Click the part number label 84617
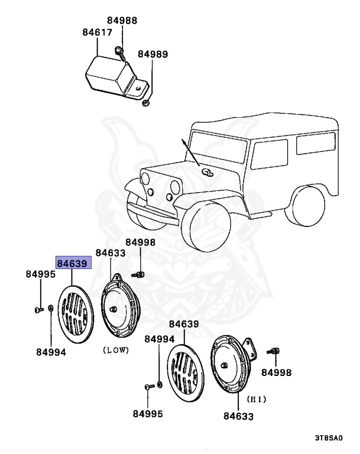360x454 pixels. tap(97, 33)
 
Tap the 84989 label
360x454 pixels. tap(153, 54)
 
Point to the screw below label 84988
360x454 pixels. tap(121, 52)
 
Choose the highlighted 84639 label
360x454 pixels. tap(72, 263)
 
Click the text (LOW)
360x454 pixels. tap(116, 350)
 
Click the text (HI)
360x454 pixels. tap(256, 399)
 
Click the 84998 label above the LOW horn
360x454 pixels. tap(140, 242)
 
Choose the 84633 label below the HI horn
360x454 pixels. tap(238, 416)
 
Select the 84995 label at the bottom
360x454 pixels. tap(147, 414)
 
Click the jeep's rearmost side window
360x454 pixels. tap(315, 144)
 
